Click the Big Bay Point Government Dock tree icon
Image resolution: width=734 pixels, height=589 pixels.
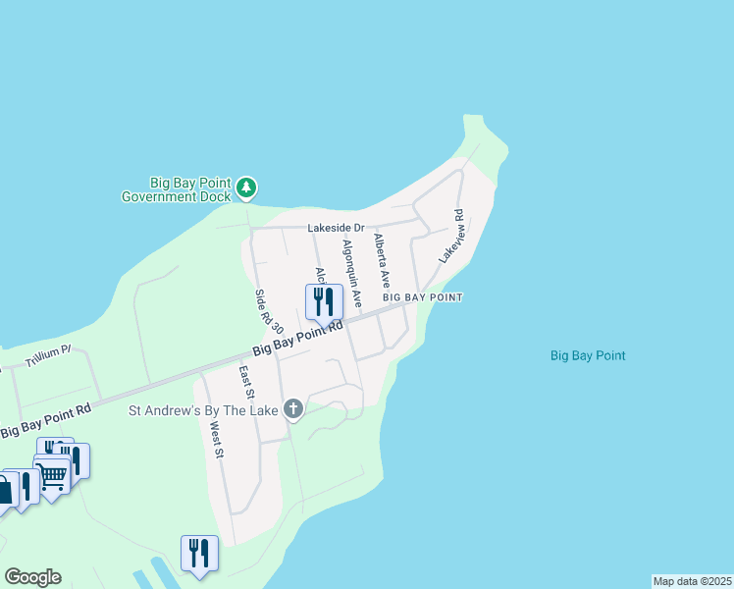point(246,186)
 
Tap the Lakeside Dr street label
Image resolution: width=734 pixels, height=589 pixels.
point(336,228)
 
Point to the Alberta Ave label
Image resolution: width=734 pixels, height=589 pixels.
point(382,259)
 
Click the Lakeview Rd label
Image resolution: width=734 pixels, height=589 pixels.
point(451,236)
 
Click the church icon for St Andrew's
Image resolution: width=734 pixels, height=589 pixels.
point(293,409)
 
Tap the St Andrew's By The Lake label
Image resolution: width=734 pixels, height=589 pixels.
point(204,410)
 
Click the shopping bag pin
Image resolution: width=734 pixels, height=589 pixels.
point(5,490)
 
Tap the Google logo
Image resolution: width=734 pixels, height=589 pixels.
point(32,577)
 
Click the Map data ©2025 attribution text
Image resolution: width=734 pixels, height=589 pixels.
point(692,581)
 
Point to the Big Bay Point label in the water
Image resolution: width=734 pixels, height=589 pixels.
point(588,355)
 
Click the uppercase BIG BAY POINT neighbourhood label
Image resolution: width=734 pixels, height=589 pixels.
point(422,296)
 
